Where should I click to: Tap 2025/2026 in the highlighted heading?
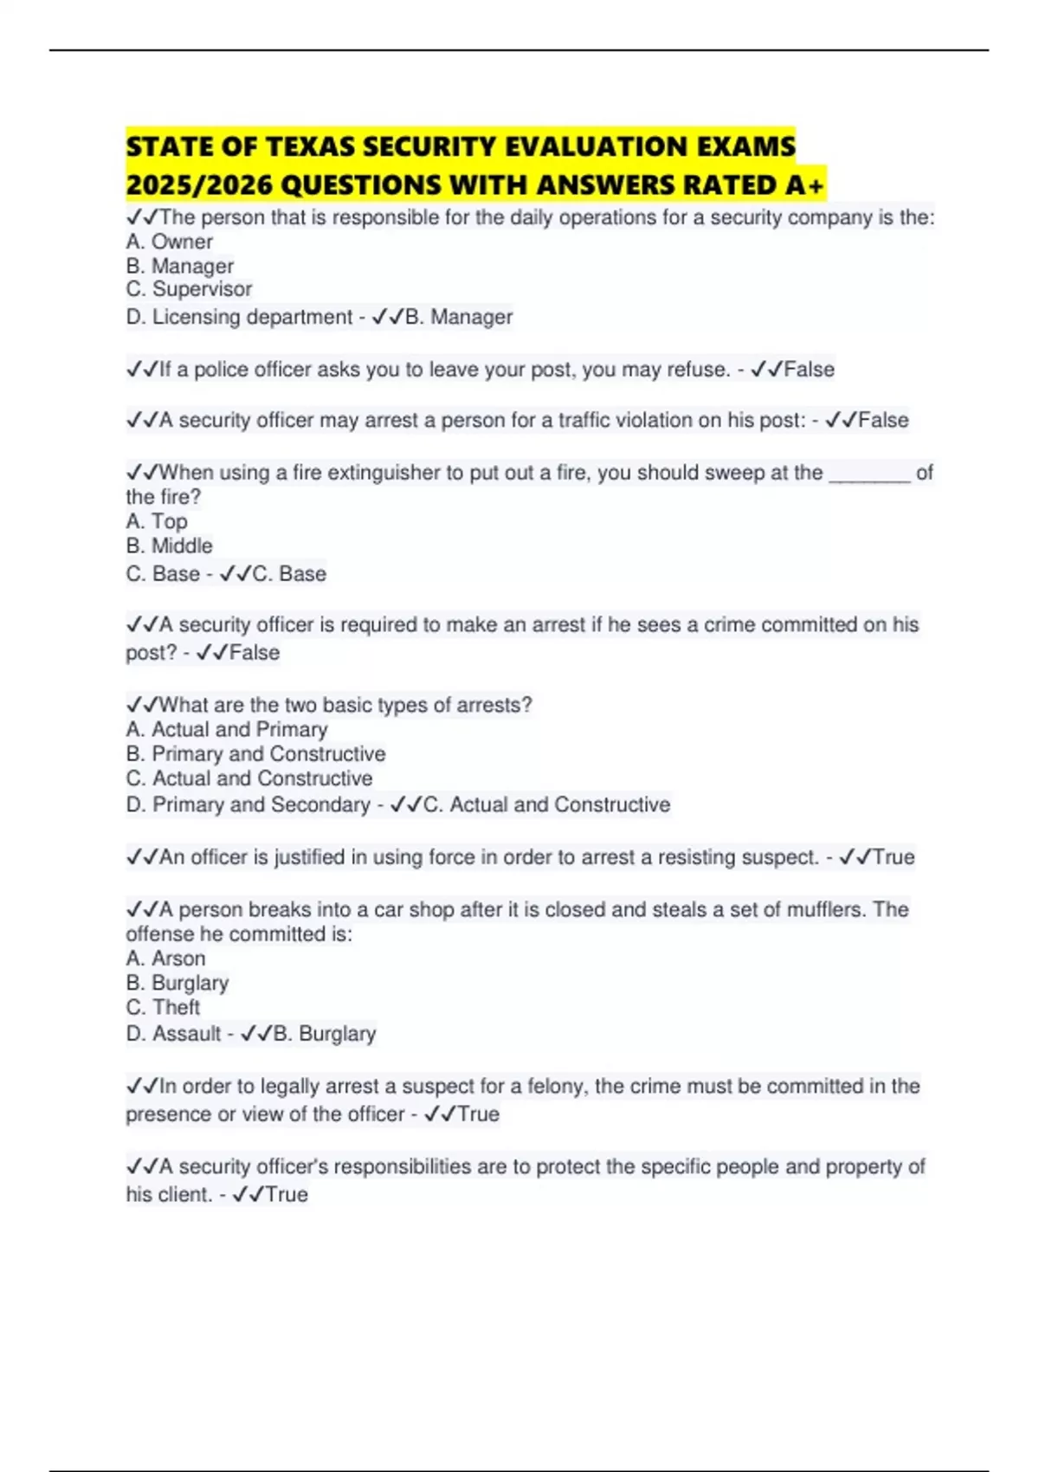(200, 185)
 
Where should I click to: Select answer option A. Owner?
(170, 242)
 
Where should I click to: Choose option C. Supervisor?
(189, 289)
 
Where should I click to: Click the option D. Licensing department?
(239, 317)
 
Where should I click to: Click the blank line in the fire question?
(869, 475)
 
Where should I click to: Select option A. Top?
(157, 521)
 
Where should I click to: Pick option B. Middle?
(169, 546)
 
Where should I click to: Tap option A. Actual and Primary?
(227, 729)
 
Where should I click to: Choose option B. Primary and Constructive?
(255, 753)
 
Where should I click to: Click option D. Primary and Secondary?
(248, 804)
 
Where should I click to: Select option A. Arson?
(165, 959)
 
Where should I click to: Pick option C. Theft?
(163, 1007)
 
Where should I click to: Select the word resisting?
(699, 857)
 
